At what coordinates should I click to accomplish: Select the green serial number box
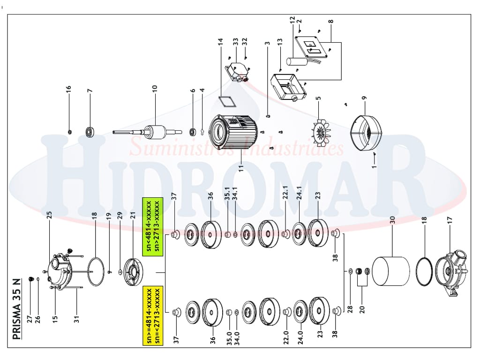pos(153,226)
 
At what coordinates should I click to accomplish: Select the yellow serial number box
pos(153,315)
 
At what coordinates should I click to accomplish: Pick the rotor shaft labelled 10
pos(147,132)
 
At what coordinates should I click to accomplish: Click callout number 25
pos(49,215)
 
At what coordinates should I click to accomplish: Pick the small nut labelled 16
pos(69,132)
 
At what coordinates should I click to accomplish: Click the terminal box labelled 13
pos(288,87)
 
